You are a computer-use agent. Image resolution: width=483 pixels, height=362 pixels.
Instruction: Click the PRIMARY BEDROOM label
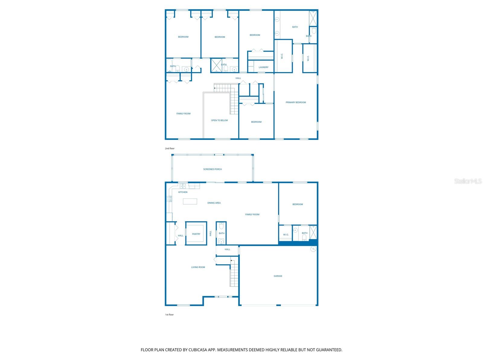pyautogui.click(x=296, y=103)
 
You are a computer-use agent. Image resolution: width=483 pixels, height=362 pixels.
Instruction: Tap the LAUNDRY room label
pyautogui.click(x=264, y=67)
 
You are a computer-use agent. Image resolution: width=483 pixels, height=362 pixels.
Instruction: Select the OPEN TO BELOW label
pyautogui.click(x=219, y=120)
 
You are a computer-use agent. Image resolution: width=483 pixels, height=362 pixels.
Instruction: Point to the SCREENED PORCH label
pyautogui.click(x=212, y=169)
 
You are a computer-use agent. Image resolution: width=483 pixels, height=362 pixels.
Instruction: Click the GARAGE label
pyautogui.click(x=278, y=276)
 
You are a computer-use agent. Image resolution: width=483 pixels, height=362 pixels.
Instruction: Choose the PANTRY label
pyautogui.click(x=196, y=234)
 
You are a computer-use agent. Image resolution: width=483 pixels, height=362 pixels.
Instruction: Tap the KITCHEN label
pyautogui.click(x=183, y=192)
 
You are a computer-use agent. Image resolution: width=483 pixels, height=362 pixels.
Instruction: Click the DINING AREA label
pyautogui.click(x=214, y=203)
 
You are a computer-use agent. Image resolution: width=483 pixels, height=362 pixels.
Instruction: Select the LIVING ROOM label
pyautogui.click(x=198, y=267)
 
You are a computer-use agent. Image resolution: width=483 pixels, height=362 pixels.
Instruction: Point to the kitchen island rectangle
pyautogui.click(x=190, y=201)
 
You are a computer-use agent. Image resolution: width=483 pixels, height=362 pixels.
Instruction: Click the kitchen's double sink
pyautogui.click(x=183, y=186)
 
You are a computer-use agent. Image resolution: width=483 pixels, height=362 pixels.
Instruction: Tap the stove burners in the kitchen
pyautogui.click(x=169, y=199)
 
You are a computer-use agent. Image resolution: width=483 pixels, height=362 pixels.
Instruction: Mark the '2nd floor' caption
pyautogui.click(x=170, y=149)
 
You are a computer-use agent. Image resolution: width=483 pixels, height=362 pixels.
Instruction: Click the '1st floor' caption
pyautogui.click(x=169, y=315)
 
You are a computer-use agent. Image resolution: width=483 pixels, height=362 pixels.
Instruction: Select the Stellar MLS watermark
pyautogui.click(x=468, y=181)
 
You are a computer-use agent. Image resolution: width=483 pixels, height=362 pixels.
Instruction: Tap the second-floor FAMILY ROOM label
pyautogui.click(x=183, y=114)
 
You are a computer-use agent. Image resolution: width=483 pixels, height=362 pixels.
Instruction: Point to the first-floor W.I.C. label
pyautogui.click(x=286, y=235)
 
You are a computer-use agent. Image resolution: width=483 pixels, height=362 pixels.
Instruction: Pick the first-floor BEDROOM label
pyautogui.click(x=298, y=205)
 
